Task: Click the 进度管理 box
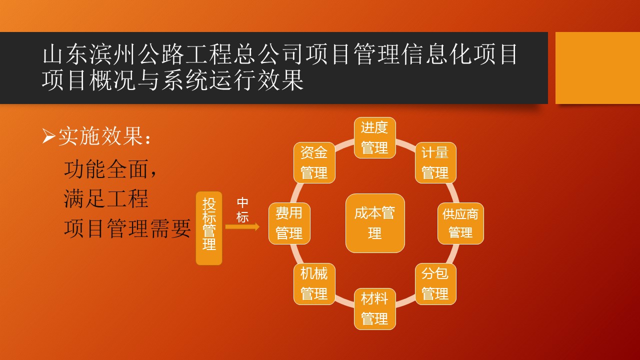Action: point(375,137)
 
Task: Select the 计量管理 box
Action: point(435,162)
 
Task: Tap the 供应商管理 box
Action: point(460,223)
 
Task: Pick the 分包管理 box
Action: point(435,284)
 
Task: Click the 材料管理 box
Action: point(375,309)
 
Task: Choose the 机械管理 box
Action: point(314,284)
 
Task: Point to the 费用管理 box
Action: point(289,223)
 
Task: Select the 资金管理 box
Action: point(314,162)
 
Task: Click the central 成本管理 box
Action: point(375,223)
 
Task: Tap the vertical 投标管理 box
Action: point(209,228)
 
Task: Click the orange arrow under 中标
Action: point(242,227)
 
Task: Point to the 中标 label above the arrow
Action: point(242,210)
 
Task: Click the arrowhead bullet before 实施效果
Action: point(48,136)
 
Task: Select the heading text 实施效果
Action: point(100,136)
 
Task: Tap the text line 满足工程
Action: point(106,199)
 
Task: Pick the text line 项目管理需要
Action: point(127,228)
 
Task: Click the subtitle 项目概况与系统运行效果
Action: point(172,80)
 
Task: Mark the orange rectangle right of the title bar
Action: point(597,68)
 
